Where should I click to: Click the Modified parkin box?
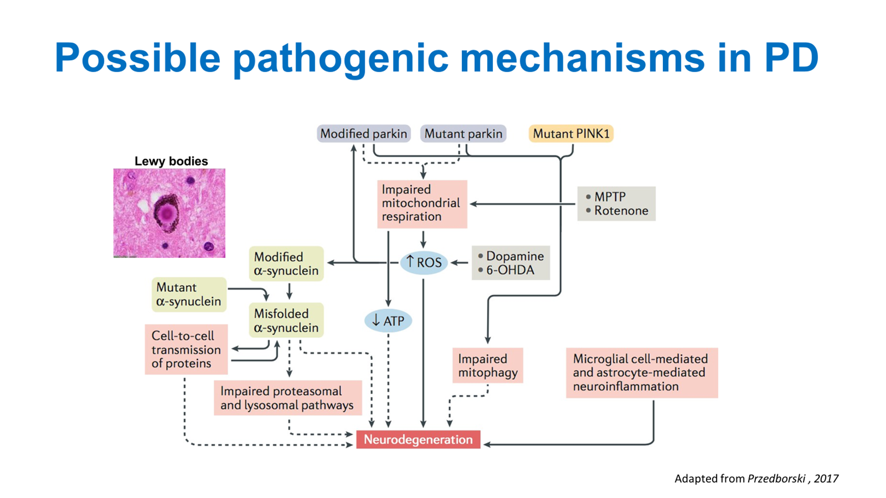click(x=363, y=134)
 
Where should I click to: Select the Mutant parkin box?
click(x=463, y=134)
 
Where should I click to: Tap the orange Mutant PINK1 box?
click(x=571, y=134)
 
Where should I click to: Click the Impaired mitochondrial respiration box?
click(x=422, y=204)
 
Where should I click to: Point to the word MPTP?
click(x=609, y=197)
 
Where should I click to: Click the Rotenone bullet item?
click(x=621, y=211)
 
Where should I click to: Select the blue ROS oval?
click(x=424, y=262)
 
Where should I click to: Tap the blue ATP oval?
click(x=388, y=321)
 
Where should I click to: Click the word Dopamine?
click(x=515, y=256)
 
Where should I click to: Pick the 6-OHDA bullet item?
click(x=509, y=270)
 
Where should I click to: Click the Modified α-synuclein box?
click(x=286, y=264)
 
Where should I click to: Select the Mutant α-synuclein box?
click(x=189, y=295)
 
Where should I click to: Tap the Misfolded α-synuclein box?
click(x=286, y=321)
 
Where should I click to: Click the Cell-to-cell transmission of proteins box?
click(x=186, y=350)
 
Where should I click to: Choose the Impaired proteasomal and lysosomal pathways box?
click(x=287, y=398)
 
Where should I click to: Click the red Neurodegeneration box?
click(x=418, y=440)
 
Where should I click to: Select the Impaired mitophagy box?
click(x=487, y=366)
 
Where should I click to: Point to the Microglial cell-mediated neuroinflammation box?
click(x=641, y=373)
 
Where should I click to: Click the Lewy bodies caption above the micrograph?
click(x=171, y=161)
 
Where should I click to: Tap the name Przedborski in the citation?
click(x=776, y=479)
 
